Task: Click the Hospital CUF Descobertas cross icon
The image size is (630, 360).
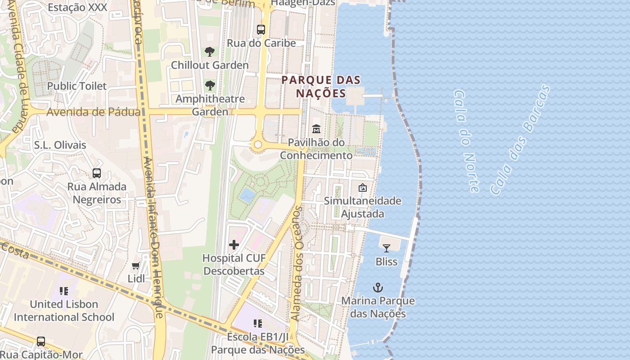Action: (234, 245)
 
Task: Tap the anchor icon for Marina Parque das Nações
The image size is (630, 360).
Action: (378, 287)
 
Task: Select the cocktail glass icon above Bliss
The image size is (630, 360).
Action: (386, 248)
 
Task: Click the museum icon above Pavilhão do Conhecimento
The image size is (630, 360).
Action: (316, 129)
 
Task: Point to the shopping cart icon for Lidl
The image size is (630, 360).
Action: (136, 265)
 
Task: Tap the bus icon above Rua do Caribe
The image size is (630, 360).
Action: (261, 30)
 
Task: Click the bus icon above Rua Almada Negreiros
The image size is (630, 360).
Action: (97, 173)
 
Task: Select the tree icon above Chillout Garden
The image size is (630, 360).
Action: (209, 52)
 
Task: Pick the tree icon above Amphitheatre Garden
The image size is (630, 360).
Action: (209, 85)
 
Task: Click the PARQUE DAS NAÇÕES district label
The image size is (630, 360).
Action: (321, 87)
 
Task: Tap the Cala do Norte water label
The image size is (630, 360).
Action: (466, 141)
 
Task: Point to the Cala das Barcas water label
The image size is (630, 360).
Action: (520, 139)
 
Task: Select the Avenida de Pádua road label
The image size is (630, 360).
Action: (93, 112)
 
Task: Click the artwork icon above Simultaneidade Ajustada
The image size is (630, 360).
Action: (362, 188)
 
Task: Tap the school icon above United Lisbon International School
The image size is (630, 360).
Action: (64, 291)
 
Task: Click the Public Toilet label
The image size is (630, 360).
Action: (77, 86)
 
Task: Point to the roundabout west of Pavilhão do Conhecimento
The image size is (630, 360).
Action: (258, 145)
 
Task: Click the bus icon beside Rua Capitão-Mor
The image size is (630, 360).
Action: (41, 342)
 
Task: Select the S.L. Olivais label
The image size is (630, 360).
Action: (60, 145)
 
